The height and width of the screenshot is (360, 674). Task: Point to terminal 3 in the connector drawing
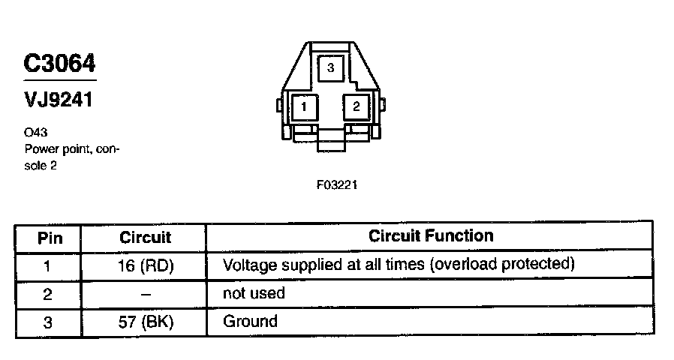coord(330,67)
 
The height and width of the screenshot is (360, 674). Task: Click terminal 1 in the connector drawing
coord(304,106)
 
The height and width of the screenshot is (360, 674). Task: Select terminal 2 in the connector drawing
coord(356,106)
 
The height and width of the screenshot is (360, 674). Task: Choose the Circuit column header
coord(145,238)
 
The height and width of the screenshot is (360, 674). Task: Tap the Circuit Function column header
coord(431,235)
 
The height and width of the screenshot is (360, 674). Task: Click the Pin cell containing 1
coord(47,265)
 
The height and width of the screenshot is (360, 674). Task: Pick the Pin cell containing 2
coord(47,294)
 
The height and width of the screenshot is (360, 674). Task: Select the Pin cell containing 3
coord(47,322)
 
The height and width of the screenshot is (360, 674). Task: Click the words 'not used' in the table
coord(254,293)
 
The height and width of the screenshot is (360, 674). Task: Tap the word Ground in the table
coord(250,322)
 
